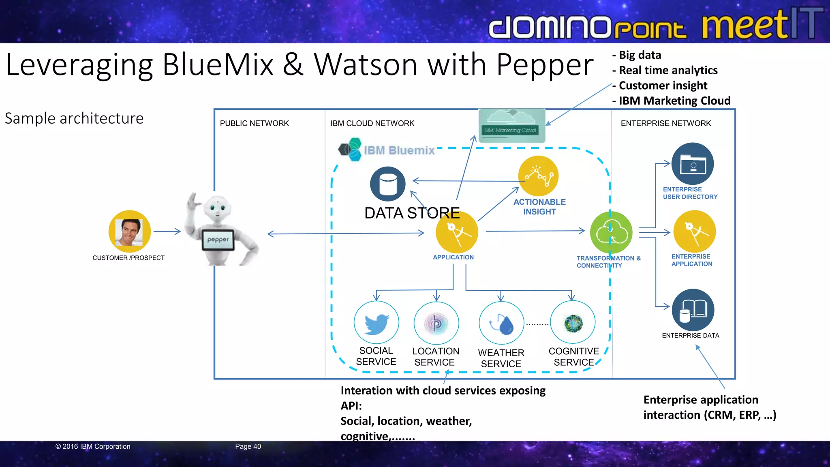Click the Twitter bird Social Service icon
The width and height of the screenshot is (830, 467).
pos(376,323)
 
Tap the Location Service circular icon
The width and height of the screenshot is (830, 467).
pos(436,323)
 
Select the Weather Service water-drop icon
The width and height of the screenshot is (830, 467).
pos(501,323)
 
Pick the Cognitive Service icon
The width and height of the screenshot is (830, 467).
pos(573,323)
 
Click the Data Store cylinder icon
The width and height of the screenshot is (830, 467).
pos(388,184)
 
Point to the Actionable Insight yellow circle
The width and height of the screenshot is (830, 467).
pos(539,176)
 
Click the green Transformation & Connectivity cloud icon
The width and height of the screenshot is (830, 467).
pos(611,233)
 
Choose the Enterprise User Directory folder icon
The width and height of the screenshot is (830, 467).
pos(693,164)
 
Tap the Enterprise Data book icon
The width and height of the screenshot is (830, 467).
pos(693,310)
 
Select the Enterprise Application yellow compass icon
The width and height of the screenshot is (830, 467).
pos(694,231)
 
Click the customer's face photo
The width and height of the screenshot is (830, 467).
pos(129,232)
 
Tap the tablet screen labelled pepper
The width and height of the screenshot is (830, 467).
pos(218,240)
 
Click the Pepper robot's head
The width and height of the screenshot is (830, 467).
pos(217,209)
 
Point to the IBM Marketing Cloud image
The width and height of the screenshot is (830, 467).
pos(511,126)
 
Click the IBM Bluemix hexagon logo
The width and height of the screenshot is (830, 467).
pos(350,150)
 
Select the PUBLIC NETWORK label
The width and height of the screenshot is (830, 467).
pos(254,123)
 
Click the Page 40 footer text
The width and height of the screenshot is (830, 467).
pos(248,446)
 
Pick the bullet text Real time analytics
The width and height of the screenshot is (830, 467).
pos(668,70)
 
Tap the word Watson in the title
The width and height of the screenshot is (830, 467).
pos(366,65)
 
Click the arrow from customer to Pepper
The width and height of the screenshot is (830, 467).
pos(167,231)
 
